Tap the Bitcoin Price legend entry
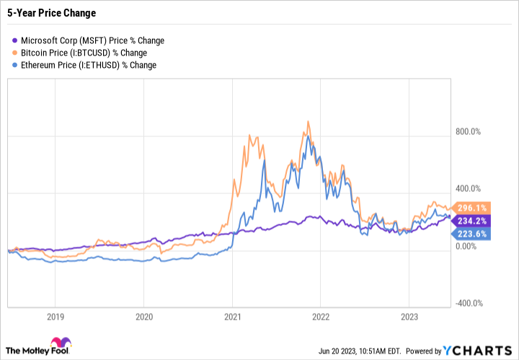coord(84,53)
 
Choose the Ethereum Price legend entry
coord(88,65)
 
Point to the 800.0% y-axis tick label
coord(471,131)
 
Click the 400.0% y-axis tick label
coord(471,188)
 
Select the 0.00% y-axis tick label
coord(469,246)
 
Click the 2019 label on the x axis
coord(56,316)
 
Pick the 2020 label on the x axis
coord(143,316)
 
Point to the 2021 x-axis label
coord(232,316)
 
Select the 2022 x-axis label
coord(320,316)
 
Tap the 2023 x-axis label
coord(409,316)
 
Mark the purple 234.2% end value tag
coord(474,220)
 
